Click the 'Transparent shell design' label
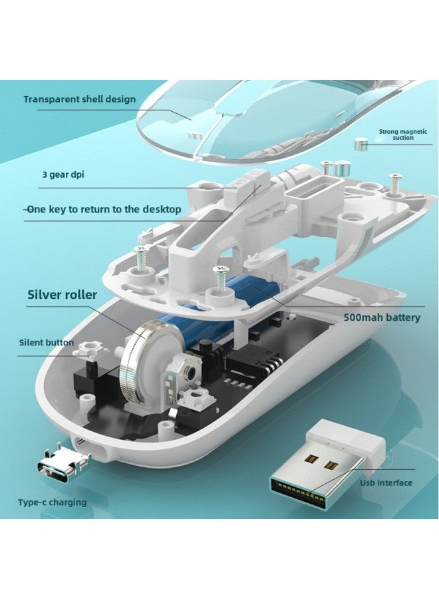point(79,99)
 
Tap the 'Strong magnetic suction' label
point(402,134)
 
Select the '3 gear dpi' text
point(63,175)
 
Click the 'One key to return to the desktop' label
point(102,210)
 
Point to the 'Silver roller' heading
point(63,295)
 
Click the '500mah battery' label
point(382,317)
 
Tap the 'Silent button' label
point(47,342)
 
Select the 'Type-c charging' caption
point(53,502)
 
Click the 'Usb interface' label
point(386,483)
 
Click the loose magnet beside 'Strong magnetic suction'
point(361,145)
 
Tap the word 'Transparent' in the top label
point(51,99)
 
